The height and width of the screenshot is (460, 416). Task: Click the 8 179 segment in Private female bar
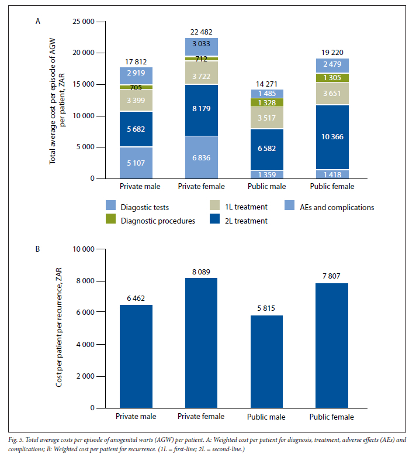[x=201, y=110]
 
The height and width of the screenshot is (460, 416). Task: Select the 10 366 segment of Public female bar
[x=332, y=137]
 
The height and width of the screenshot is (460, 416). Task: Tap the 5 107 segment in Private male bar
[x=136, y=163]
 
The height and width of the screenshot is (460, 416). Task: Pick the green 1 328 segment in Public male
[x=267, y=102]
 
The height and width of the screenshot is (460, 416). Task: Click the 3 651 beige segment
[x=332, y=94]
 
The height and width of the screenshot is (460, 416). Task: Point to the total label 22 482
[x=201, y=32]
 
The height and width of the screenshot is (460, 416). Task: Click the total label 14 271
[x=266, y=84]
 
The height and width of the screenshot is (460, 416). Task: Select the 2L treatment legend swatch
[x=215, y=219]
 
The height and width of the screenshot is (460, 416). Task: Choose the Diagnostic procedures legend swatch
[x=111, y=219]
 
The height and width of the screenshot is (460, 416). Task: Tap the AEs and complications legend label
[x=337, y=207]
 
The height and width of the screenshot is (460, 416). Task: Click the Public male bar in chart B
[x=266, y=362]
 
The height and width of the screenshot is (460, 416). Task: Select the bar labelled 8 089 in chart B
[x=201, y=343]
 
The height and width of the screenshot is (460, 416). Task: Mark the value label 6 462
[x=136, y=298]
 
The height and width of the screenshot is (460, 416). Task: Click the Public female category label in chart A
[x=332, y=186]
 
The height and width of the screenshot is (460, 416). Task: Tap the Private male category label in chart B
[x=136, y=416]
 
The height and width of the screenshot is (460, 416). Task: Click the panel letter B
[x=38, y=249]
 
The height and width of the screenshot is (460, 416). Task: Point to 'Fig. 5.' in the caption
[x=16, y=440]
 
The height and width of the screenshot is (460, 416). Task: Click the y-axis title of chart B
[x=59, y=327]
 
